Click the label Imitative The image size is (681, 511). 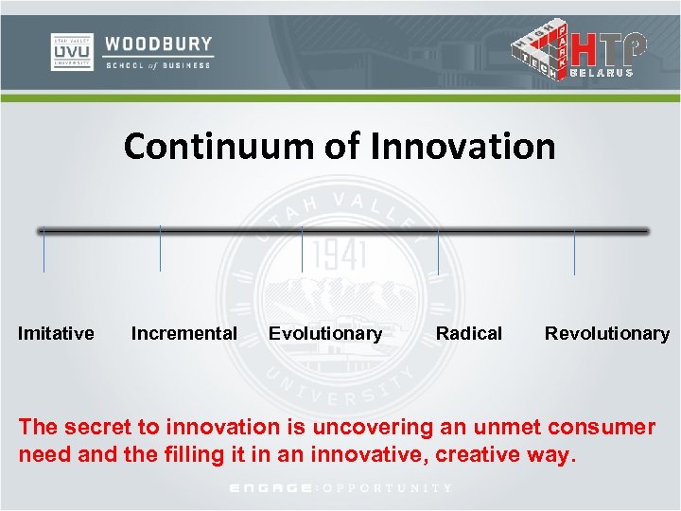[56, 333]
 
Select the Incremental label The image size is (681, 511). [183, 333]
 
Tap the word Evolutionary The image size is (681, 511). [325, 333]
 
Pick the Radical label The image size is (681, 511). [468, 333]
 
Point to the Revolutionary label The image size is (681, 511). [606, 333]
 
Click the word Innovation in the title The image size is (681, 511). [463, 147]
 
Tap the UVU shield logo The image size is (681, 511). [71, 52]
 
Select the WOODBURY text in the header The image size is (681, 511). [158, 44]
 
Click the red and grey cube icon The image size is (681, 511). [540, 48]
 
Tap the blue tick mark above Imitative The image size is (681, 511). [44, 251]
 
